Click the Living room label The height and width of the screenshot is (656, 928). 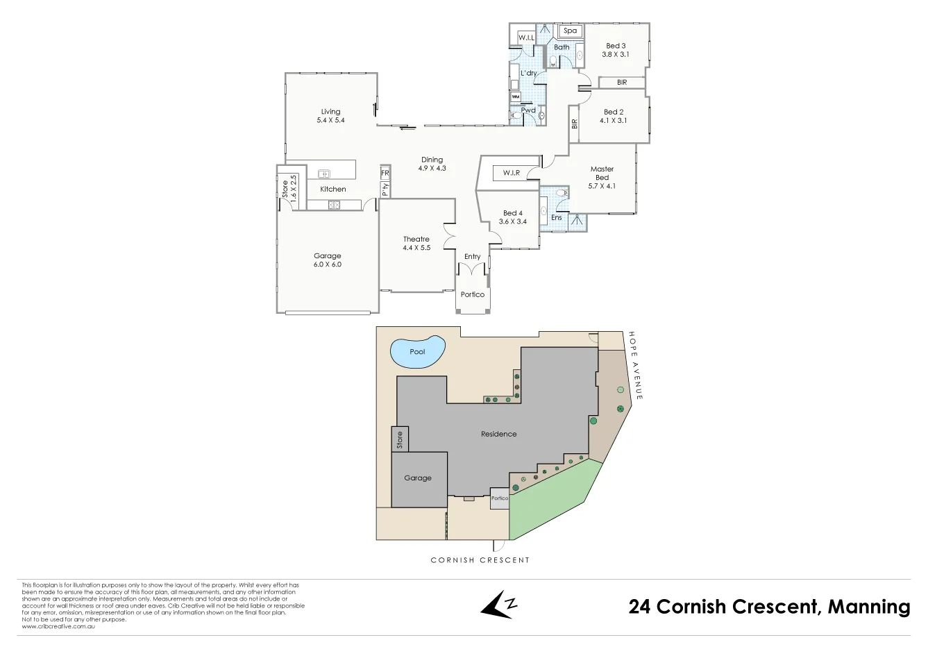(330, 111)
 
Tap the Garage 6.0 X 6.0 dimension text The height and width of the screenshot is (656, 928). (328, 264)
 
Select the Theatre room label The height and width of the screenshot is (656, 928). (416, 239)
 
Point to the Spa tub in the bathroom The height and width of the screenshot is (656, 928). (570, 31)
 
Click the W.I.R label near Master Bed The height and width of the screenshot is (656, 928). (512, 173)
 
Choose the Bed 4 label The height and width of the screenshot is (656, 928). (513, 213)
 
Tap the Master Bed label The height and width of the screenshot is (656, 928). (602, 173)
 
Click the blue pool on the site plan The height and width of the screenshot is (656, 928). (417, 352)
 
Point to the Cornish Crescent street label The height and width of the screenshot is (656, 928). (480, 560)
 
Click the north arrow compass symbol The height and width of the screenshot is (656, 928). (499, 605)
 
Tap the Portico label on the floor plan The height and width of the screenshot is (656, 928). (473, 294)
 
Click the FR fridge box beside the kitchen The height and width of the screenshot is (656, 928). (385, 173)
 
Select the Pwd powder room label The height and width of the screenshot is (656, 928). (528, 110)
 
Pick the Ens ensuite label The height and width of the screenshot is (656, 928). (557, 217)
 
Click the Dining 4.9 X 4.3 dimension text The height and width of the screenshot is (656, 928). (432, 169)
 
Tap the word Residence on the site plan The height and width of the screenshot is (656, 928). (498, 434)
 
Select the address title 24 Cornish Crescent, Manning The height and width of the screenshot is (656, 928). (769, 607)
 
